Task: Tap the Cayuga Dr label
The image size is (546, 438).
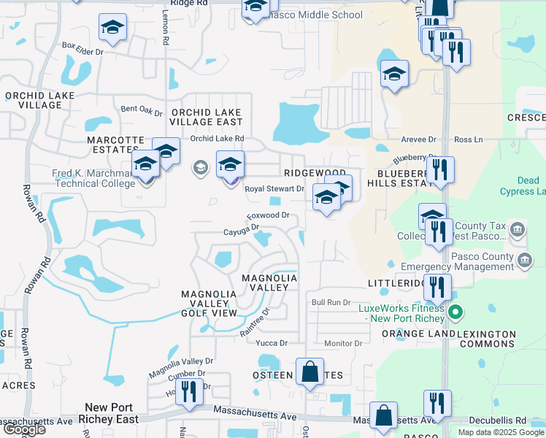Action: [241, 231]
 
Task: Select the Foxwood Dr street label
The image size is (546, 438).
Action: [269, 216]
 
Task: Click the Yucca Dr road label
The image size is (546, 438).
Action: [272, 343]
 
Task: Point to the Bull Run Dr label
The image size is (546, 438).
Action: [331, 302]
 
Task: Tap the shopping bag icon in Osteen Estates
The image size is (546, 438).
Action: [310, 371]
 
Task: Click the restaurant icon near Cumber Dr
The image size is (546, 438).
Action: [189, 391]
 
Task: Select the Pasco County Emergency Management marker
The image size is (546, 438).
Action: [524, 261]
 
